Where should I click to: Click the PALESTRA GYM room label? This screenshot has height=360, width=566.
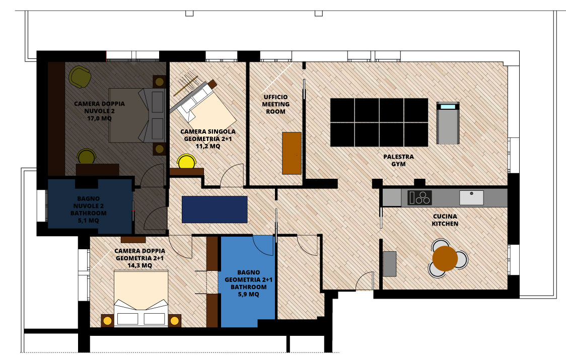[398, 160]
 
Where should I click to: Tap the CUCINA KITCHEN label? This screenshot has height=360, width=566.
[445, 220]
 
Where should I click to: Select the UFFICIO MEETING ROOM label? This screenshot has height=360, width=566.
[276, 104]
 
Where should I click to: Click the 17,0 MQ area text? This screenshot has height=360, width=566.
[99, 118]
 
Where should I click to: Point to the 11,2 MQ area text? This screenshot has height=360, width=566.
[208, 146]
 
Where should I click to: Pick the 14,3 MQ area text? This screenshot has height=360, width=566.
[139, 265]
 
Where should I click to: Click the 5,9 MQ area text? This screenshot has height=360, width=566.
[248, 294]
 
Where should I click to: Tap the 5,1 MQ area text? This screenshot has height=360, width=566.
[89, 220]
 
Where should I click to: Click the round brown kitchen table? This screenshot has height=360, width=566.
[445, 258]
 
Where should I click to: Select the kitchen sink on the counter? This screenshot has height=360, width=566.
[471, 197]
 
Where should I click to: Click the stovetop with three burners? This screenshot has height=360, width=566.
[420, 197]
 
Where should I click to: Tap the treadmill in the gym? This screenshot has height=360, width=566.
[448, 123]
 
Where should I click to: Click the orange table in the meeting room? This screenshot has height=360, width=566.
[292, 153]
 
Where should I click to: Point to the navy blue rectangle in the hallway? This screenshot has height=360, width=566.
[215, 209]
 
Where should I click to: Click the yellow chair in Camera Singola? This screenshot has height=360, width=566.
[187, 162]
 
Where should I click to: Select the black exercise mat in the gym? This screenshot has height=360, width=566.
[379, 122]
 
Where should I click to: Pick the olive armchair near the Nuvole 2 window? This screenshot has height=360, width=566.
[80, 77]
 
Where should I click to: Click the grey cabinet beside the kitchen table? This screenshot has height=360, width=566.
[389, 264]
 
